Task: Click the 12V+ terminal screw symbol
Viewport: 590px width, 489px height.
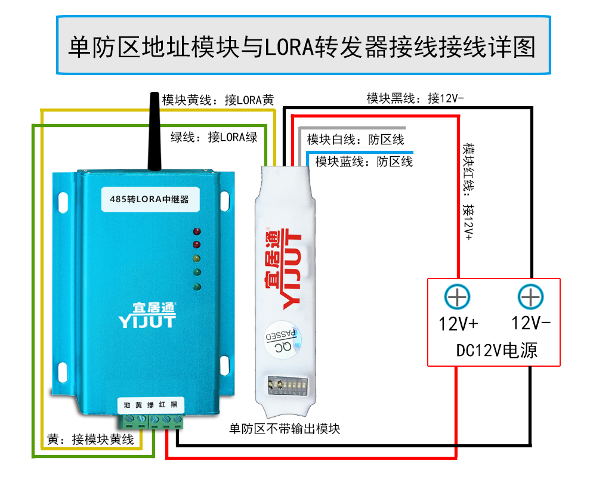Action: (458, 297)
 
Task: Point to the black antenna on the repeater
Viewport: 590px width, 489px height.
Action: (154, 131)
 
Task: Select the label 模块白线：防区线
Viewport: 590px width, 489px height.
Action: (356, 140)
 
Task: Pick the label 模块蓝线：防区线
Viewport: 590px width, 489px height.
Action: (364, 162)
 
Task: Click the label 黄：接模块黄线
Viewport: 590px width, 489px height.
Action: (91, 440)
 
